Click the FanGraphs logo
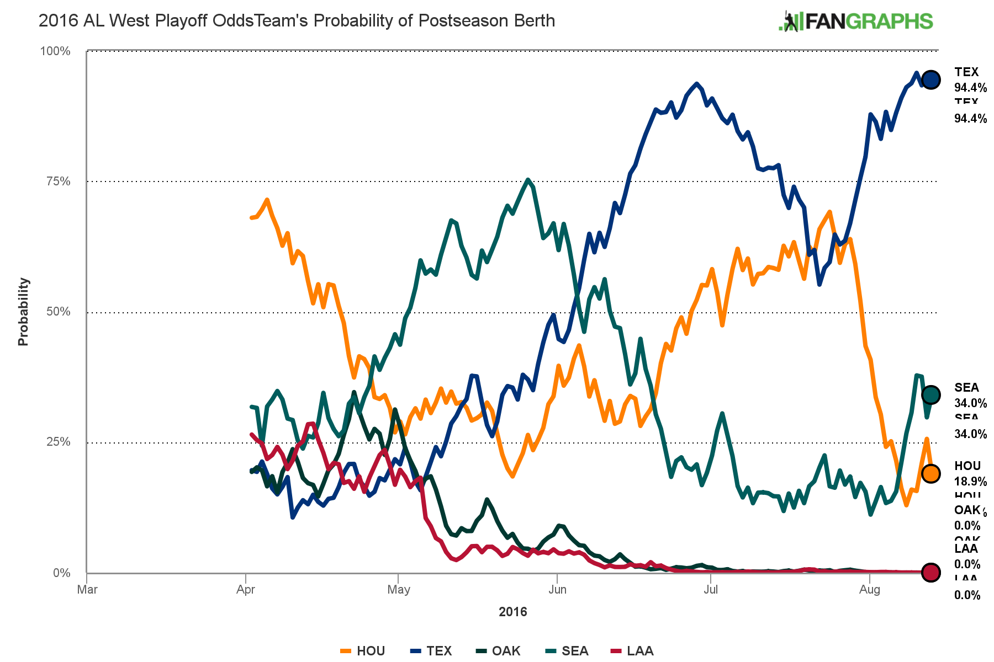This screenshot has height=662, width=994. [855, 21]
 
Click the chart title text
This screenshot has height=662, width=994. [297, 21]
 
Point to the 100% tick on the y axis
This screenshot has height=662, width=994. [55, 51]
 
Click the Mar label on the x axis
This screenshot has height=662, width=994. [87, 590]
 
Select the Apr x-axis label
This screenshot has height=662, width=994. [245, 590]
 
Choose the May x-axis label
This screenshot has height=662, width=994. [399, 590]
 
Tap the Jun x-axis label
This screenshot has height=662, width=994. [557, 590]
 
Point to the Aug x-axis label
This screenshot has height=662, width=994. [870, 590]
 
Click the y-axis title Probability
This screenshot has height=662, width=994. [23, 312]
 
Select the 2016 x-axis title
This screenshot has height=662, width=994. [513, 612]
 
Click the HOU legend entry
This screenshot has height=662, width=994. [363, 651]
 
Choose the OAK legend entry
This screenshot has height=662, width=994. [499, 651]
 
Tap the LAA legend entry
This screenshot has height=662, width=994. [633, 651]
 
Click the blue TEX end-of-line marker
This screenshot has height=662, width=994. [930, 79]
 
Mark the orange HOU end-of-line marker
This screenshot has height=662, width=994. [930, 473]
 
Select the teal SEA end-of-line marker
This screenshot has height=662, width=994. [930, 394]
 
